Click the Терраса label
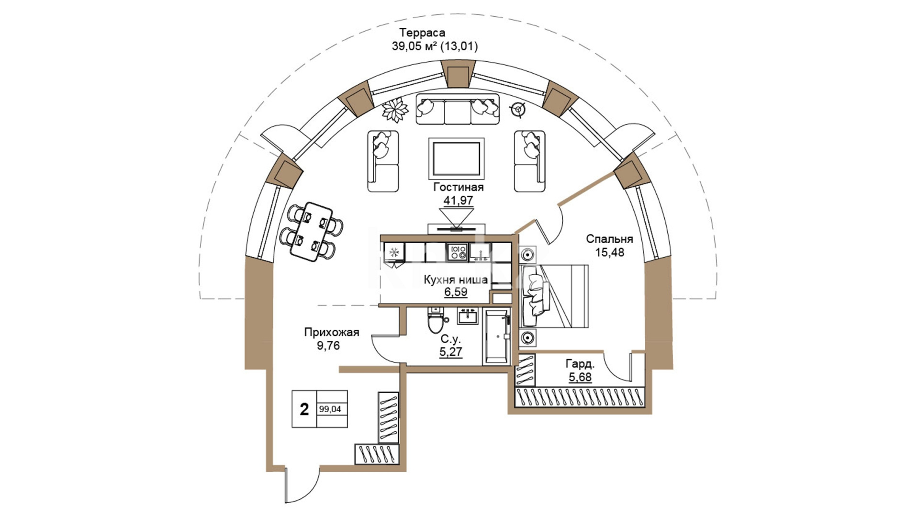(422, 33)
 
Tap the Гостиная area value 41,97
(458, 201)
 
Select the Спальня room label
(609, 239)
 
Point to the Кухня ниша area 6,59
(455, 292)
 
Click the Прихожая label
(331, 332)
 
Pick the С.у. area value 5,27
(450, 352)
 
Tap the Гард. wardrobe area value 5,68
(580, 377)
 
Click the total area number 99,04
(330, 409)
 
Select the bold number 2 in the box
(304, 409)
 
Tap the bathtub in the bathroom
(496, 337)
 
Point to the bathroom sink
(468, 316)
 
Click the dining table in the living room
(311, 232)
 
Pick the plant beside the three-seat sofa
(395, 110)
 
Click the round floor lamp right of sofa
(518, 110)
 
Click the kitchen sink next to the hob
(480, 251)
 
